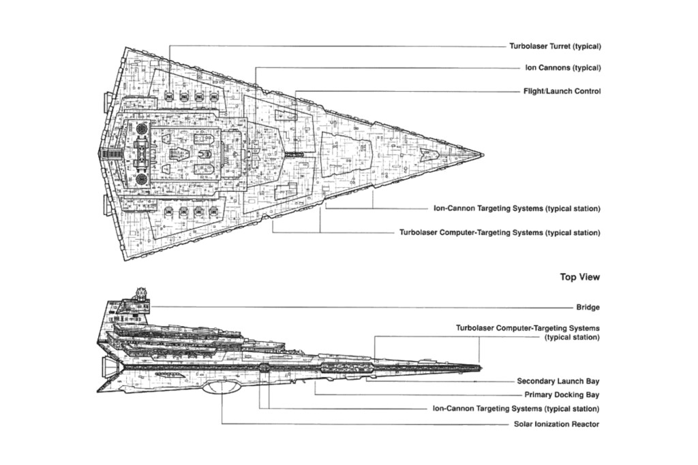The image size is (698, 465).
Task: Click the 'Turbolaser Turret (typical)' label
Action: (x=554, y=46)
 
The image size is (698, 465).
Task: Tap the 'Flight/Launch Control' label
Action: (x=562, y=91)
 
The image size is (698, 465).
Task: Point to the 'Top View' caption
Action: (x=579, y=277)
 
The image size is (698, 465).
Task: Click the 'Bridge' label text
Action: (x=588, y=307)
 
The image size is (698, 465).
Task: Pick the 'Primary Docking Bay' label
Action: (x=562, y=395)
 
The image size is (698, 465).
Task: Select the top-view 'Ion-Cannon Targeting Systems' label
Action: (x=517, y=208)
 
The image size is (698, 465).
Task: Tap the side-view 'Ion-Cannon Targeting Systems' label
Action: (x=517, y=408)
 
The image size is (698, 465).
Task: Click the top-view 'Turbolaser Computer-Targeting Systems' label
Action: (x=500, y=232)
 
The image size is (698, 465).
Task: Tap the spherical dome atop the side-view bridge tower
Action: (x=142, y=293)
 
